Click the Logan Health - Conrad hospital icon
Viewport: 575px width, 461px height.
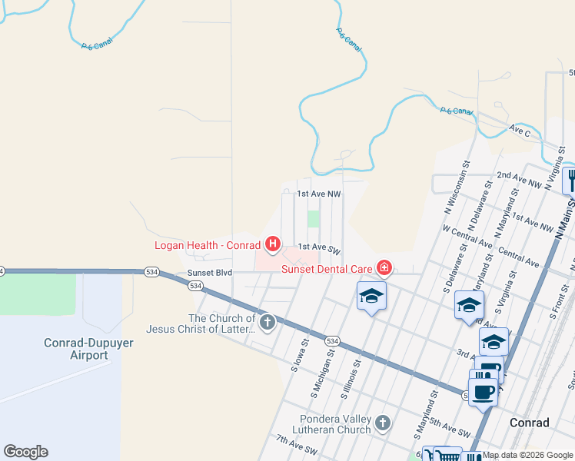(x=271, y=245)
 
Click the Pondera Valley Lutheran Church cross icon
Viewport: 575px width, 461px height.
(x=383, y=422)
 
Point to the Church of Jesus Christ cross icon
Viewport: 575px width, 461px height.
(x=267, y=323)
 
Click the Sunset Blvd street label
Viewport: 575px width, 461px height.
(x=204, y=273)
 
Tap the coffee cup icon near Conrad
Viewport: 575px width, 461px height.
(x=483, y=393)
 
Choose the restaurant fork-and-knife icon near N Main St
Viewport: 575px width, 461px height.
(x=570, y=181)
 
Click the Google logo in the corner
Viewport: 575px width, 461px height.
(x=25, y=452)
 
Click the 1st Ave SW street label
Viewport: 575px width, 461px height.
(x=318, y=247)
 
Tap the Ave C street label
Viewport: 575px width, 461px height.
(x=520, y=131)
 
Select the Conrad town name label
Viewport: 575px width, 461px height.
(x=529, y=423)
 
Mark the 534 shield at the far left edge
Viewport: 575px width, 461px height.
(x=2, y=271)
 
